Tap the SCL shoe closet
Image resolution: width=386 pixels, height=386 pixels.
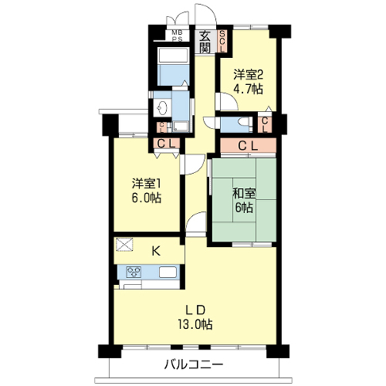[x=222, y=41]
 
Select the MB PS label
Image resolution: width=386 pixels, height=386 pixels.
[x=177, y=36]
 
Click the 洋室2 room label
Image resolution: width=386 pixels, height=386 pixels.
[x=248, y=75]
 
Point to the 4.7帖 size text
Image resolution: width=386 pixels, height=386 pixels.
[x=248, y=89]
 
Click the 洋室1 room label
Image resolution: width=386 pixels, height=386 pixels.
[x=146, y=184]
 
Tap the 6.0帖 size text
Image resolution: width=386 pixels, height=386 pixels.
[x=147, y=198]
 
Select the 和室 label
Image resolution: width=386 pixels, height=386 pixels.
[x=244, y=194]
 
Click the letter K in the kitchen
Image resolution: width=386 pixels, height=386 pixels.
[x=156, y=251]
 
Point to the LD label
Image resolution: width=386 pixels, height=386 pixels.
[x=195, y=310]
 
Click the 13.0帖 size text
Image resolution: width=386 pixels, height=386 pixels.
[x=195, y=324]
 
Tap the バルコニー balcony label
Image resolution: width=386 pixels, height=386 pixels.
[x=194, y=364]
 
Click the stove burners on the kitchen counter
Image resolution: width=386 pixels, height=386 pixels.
[x=134, y=272]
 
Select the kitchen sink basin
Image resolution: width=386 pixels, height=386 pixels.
[x=168, y=273]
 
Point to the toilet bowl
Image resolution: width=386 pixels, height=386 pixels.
[x=244, y=121]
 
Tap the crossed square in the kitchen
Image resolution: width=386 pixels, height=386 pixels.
[x=124, y=244]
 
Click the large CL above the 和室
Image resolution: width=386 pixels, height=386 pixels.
[x=248, y=146]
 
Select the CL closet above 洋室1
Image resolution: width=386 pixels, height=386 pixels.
[x=167, y=144]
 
